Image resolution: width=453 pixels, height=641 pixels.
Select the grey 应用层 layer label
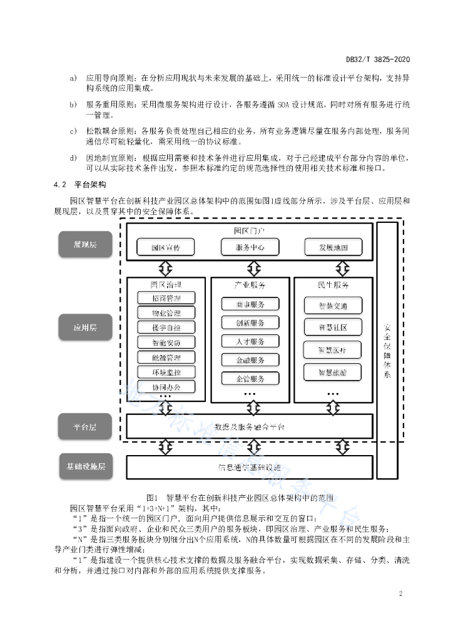86,327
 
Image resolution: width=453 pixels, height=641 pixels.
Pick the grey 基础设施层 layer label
86,466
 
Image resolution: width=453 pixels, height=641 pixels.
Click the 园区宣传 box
166,247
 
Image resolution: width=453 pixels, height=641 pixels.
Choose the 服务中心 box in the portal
250,247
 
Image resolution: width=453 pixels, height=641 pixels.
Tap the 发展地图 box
333,247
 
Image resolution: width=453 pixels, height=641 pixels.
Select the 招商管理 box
166,298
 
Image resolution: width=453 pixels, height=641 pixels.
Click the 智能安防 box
166,342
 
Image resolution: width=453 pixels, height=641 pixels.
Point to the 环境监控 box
166,372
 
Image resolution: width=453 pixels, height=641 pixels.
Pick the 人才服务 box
250,342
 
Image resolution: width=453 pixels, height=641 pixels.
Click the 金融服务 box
250,360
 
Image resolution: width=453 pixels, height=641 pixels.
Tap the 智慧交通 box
333,306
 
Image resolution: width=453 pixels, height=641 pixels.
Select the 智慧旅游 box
333,372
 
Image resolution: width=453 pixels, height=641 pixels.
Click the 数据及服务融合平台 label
250,426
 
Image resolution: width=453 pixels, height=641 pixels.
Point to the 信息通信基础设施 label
250,467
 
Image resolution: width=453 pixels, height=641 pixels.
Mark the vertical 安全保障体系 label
387,351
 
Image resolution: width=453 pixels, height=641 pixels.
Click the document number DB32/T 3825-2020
377,59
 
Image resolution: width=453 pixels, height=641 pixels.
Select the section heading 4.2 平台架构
80,185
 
